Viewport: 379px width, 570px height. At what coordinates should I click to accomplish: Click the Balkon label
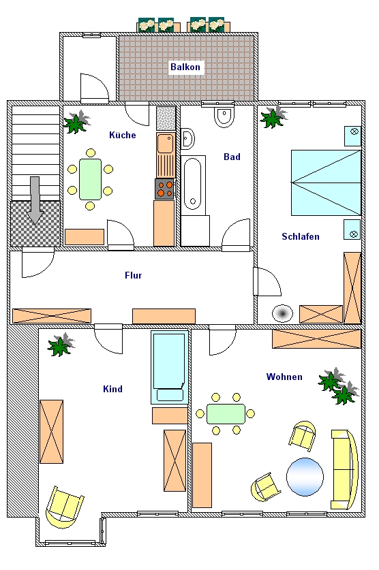tap(185, 67)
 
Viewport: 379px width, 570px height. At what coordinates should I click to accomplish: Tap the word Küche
tap(123, 135)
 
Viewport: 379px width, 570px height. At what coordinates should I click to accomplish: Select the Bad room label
tap(232, 157)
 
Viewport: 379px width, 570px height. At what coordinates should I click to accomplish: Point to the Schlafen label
tap(301, 236)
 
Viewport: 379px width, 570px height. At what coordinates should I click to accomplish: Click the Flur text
tap(133, 275)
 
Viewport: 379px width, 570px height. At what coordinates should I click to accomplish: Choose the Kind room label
tap(112, 389)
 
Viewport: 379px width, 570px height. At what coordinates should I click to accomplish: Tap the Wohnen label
tap(284, 377)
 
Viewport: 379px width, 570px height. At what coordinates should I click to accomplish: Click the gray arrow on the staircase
tap(35, 200)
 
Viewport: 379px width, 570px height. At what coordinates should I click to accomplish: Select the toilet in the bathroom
tap(224, 116)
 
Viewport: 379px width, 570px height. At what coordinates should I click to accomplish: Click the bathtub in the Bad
tap(193, 184)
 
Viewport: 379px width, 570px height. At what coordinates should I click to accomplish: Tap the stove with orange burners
tap(165, 189)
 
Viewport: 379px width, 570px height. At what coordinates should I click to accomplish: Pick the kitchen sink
tap(166, 143)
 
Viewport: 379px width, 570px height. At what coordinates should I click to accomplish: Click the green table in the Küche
tap(90, 179)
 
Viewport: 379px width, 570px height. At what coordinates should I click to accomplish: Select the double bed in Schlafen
tap(326, 183)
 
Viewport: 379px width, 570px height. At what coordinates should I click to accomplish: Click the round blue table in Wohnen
tap(305, 477)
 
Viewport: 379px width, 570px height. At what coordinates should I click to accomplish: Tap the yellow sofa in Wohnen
tap(344, 469)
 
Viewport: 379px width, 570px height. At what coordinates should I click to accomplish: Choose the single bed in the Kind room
tap(170, 367)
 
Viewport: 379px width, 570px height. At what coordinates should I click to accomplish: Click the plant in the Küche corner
tap(77, 121)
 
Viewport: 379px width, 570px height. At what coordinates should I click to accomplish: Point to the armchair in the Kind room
tap(64, 507)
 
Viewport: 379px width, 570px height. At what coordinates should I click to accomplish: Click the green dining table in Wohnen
tap(226, 413)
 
